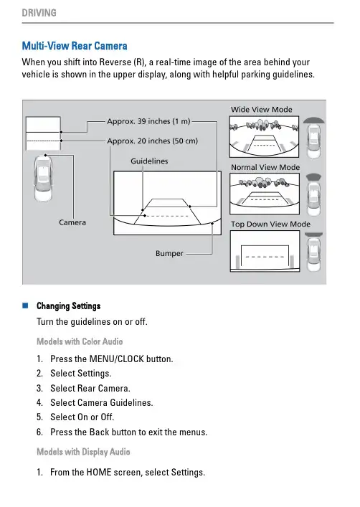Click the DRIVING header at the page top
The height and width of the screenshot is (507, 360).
(x=39, y=13)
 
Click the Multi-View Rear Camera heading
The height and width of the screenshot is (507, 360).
(x=75, y=46)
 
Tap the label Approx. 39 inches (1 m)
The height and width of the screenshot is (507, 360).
(x=148, y=121)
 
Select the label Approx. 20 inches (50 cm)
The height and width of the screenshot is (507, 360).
(x=152, y=141)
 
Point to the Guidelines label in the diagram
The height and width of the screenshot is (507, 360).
(x=149, y=161)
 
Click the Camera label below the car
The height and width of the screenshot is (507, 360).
(x=72, y=222)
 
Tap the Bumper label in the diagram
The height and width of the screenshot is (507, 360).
(x=169, y=253)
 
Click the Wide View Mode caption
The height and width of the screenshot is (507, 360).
(x=261, y=110)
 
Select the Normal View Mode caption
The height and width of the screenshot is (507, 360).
(x=265, y=167)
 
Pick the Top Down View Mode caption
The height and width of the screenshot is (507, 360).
(x=270, y=224)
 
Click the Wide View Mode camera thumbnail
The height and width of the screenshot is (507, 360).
(x=264, y=137)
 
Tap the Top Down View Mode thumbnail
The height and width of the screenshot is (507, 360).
(x=265, y=251)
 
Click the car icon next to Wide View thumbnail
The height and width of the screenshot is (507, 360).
(x=313, y=138)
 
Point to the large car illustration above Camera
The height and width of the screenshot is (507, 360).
(x=43, y=179)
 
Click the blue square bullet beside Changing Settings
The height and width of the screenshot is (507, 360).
(x=25, y=305)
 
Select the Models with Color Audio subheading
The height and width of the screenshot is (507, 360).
(x=80, y=341)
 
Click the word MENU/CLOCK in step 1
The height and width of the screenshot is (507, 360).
(x=116, y=359)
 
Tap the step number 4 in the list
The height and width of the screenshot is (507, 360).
(x=39, y=402)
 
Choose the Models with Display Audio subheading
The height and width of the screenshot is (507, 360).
(x=83, y=452)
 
